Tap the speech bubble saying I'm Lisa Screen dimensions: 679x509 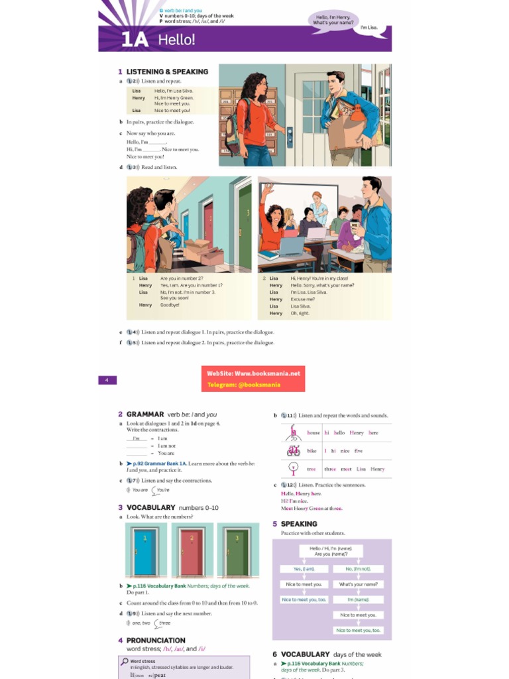(x=368, y=28)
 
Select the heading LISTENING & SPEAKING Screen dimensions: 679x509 (x=167, y=72)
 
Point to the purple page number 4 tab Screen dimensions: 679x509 (x=107, y=380)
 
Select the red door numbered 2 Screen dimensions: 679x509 (x=191, y=551)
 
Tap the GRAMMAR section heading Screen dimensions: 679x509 (x=144, y=414)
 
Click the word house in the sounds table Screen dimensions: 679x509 (x=313, y=433)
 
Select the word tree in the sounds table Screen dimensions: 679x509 (x=311, y=469)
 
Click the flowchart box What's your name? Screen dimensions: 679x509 (x=359, y=584)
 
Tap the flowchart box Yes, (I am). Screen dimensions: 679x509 (x=304, y=569)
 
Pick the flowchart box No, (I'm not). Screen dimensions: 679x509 (x=359, y=569)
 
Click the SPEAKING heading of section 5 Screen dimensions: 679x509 (x=298, y=524)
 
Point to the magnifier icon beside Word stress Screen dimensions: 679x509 (x=124, y=661)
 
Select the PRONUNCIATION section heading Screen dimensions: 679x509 (x=156, y=641)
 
